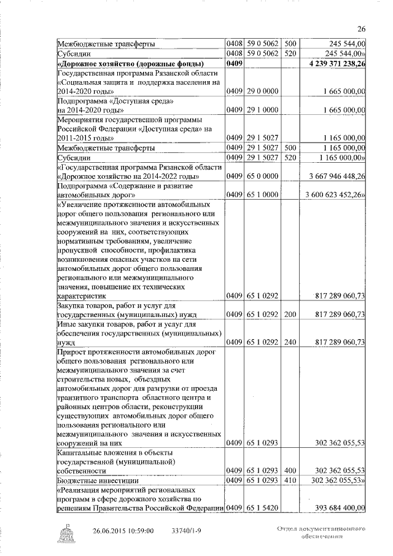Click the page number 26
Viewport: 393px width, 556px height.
coord(361,28)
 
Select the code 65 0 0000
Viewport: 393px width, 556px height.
coord(262,177)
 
